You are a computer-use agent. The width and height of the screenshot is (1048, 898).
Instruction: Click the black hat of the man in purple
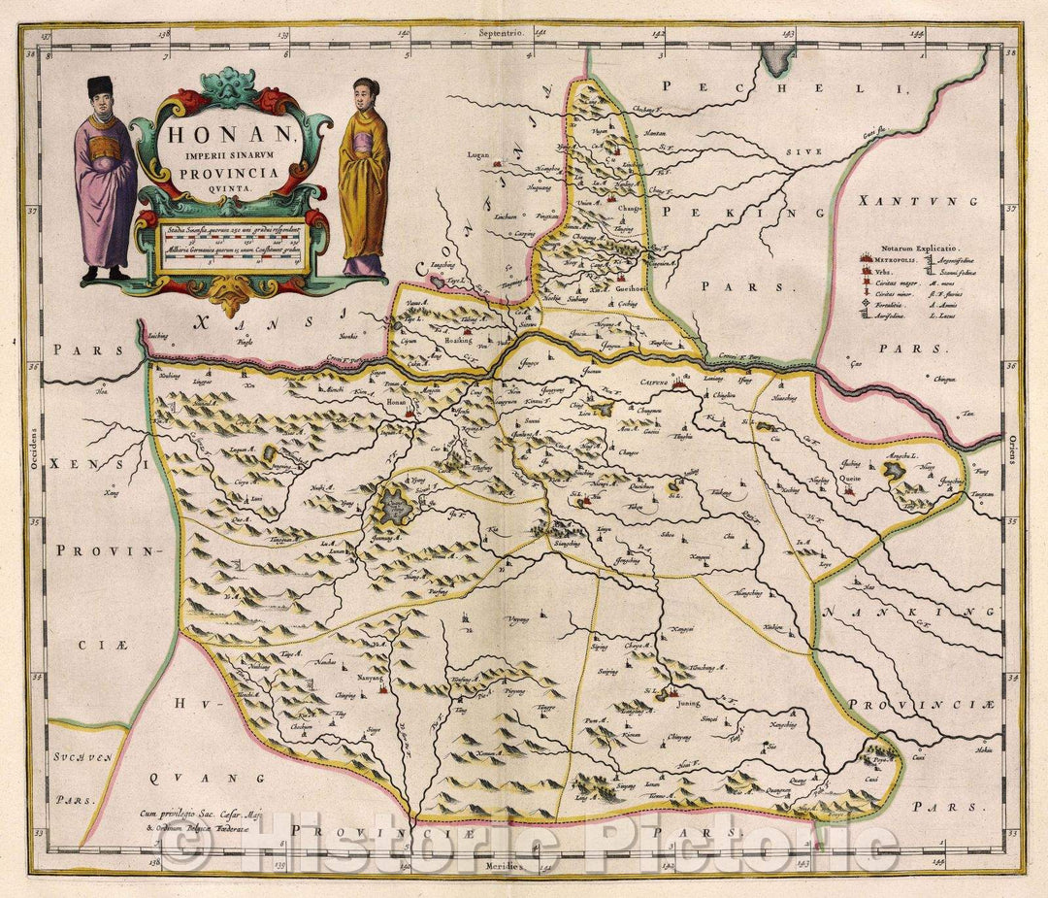pyautogui.click(x=100, y=87)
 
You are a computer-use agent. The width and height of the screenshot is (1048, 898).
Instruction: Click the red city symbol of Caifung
pyautogui.click(x=677, y=384)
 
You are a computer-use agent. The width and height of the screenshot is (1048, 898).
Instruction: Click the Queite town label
pyautogui.click(x=851, y=479)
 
